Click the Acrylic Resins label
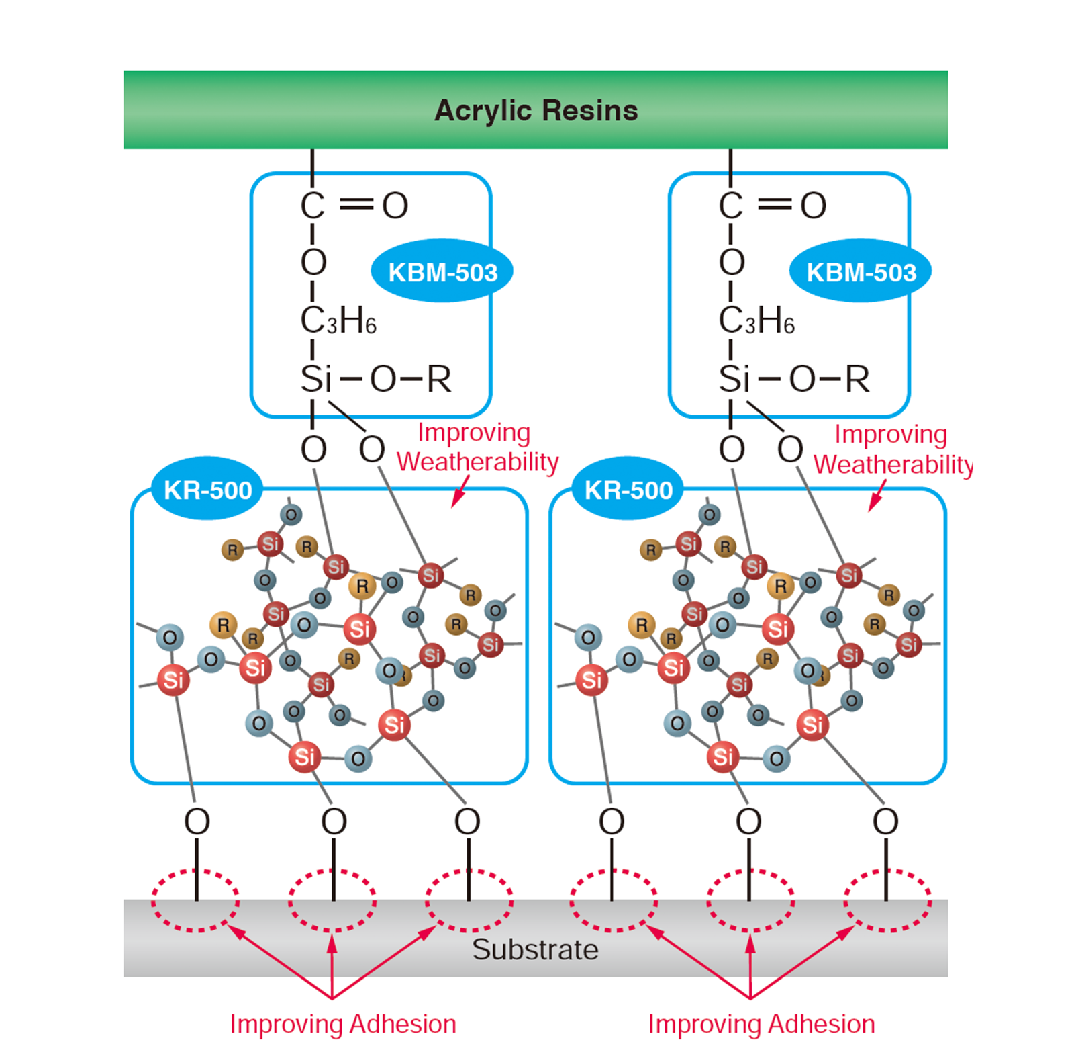[x=536, y=111]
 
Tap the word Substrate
[x=535, y=949]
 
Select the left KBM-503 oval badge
[x=442, y=272]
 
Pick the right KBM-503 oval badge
[x=861, y=272]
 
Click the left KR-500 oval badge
[x=207, y=490]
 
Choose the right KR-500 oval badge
[x=628, y=490]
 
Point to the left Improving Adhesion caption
[x=343, y=1024]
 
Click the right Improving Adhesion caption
[x=761, y=1024]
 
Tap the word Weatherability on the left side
[x=477, y=462]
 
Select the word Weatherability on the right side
[x=893, y=464]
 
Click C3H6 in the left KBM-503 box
[x=338, y=320]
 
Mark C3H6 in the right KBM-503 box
[x=756, y=320]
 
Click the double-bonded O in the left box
[x=395, y=205]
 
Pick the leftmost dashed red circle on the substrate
[x=195, y=901]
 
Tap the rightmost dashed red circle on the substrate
[x=887, y=901]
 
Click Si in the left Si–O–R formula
[x=315, y=379]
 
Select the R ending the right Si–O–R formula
[x=857, y=379]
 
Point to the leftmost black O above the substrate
[x=197, y=821]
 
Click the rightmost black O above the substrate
[x=885, y=821]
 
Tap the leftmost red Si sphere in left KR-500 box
[x=173, y=680]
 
